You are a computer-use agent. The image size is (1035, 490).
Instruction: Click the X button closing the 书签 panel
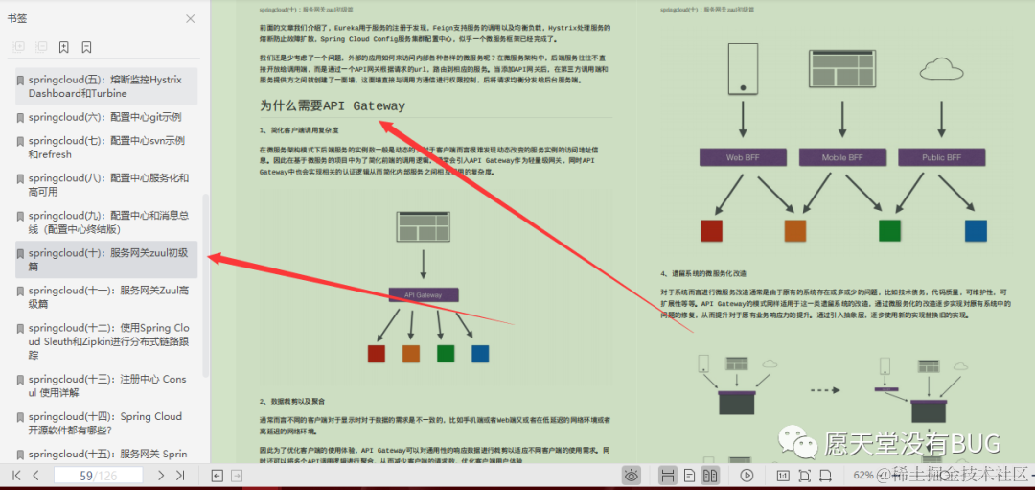coord(190,19)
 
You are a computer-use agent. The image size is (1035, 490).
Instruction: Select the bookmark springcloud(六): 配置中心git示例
coord(104,117)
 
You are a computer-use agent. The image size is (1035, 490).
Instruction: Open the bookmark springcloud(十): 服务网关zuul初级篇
coord(107,260)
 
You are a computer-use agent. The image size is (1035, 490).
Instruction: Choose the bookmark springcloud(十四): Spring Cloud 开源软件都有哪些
coord(104,424)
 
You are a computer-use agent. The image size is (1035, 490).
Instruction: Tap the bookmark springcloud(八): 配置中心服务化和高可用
coord(107,184)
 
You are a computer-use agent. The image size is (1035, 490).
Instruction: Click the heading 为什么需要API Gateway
coord(332,105)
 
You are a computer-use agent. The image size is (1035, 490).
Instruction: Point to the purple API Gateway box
coord(423,295)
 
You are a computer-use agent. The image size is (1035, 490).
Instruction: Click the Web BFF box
coord(743,157)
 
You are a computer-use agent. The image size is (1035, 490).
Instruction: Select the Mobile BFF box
coord(842,157)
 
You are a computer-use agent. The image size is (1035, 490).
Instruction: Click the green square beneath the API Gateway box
coord(446,353)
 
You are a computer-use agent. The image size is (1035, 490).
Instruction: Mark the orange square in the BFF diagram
coord(795,230)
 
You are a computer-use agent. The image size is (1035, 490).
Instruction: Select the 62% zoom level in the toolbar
coord(863,475)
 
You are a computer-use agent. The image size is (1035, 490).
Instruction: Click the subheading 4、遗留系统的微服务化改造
coord(703,273)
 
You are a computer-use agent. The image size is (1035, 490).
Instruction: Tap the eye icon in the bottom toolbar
coord(632,475)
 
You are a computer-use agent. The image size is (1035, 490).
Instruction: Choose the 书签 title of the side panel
coord(19,18)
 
